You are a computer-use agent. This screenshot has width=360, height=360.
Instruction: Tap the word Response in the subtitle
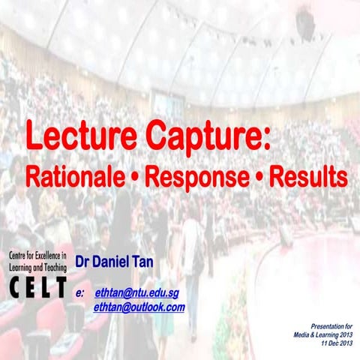click(x=196, y=177)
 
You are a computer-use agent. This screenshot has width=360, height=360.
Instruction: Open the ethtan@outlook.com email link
click(x=139, y=307)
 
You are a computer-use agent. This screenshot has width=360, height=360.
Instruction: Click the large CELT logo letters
click(x=36, y=286)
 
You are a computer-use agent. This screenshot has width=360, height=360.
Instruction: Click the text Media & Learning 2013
click(x=322, y=334)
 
